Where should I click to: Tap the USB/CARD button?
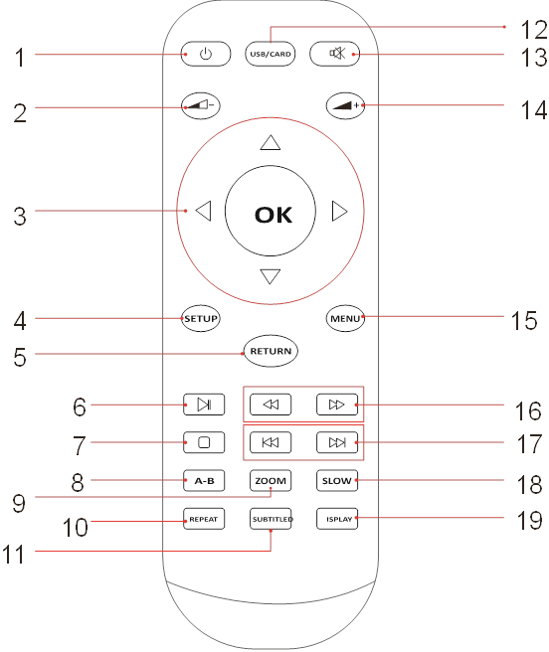point(271,54)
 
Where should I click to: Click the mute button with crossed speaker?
point(334,54)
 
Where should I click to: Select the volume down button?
point(201,105)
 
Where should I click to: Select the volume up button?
point(345,105)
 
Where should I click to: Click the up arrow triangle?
point(271,143)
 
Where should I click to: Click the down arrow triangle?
point(271,276)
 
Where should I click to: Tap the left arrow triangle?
point(204,211)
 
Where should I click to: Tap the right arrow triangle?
point(339,212)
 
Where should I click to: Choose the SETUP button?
point(201,318)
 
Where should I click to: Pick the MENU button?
point(345,318)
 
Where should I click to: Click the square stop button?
point(204,442)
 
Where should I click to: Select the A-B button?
point(204,481)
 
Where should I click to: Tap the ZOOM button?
point(271,481)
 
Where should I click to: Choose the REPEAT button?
point(204,519)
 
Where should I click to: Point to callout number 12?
point(534,30)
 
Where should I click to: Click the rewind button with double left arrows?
point(271,405)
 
